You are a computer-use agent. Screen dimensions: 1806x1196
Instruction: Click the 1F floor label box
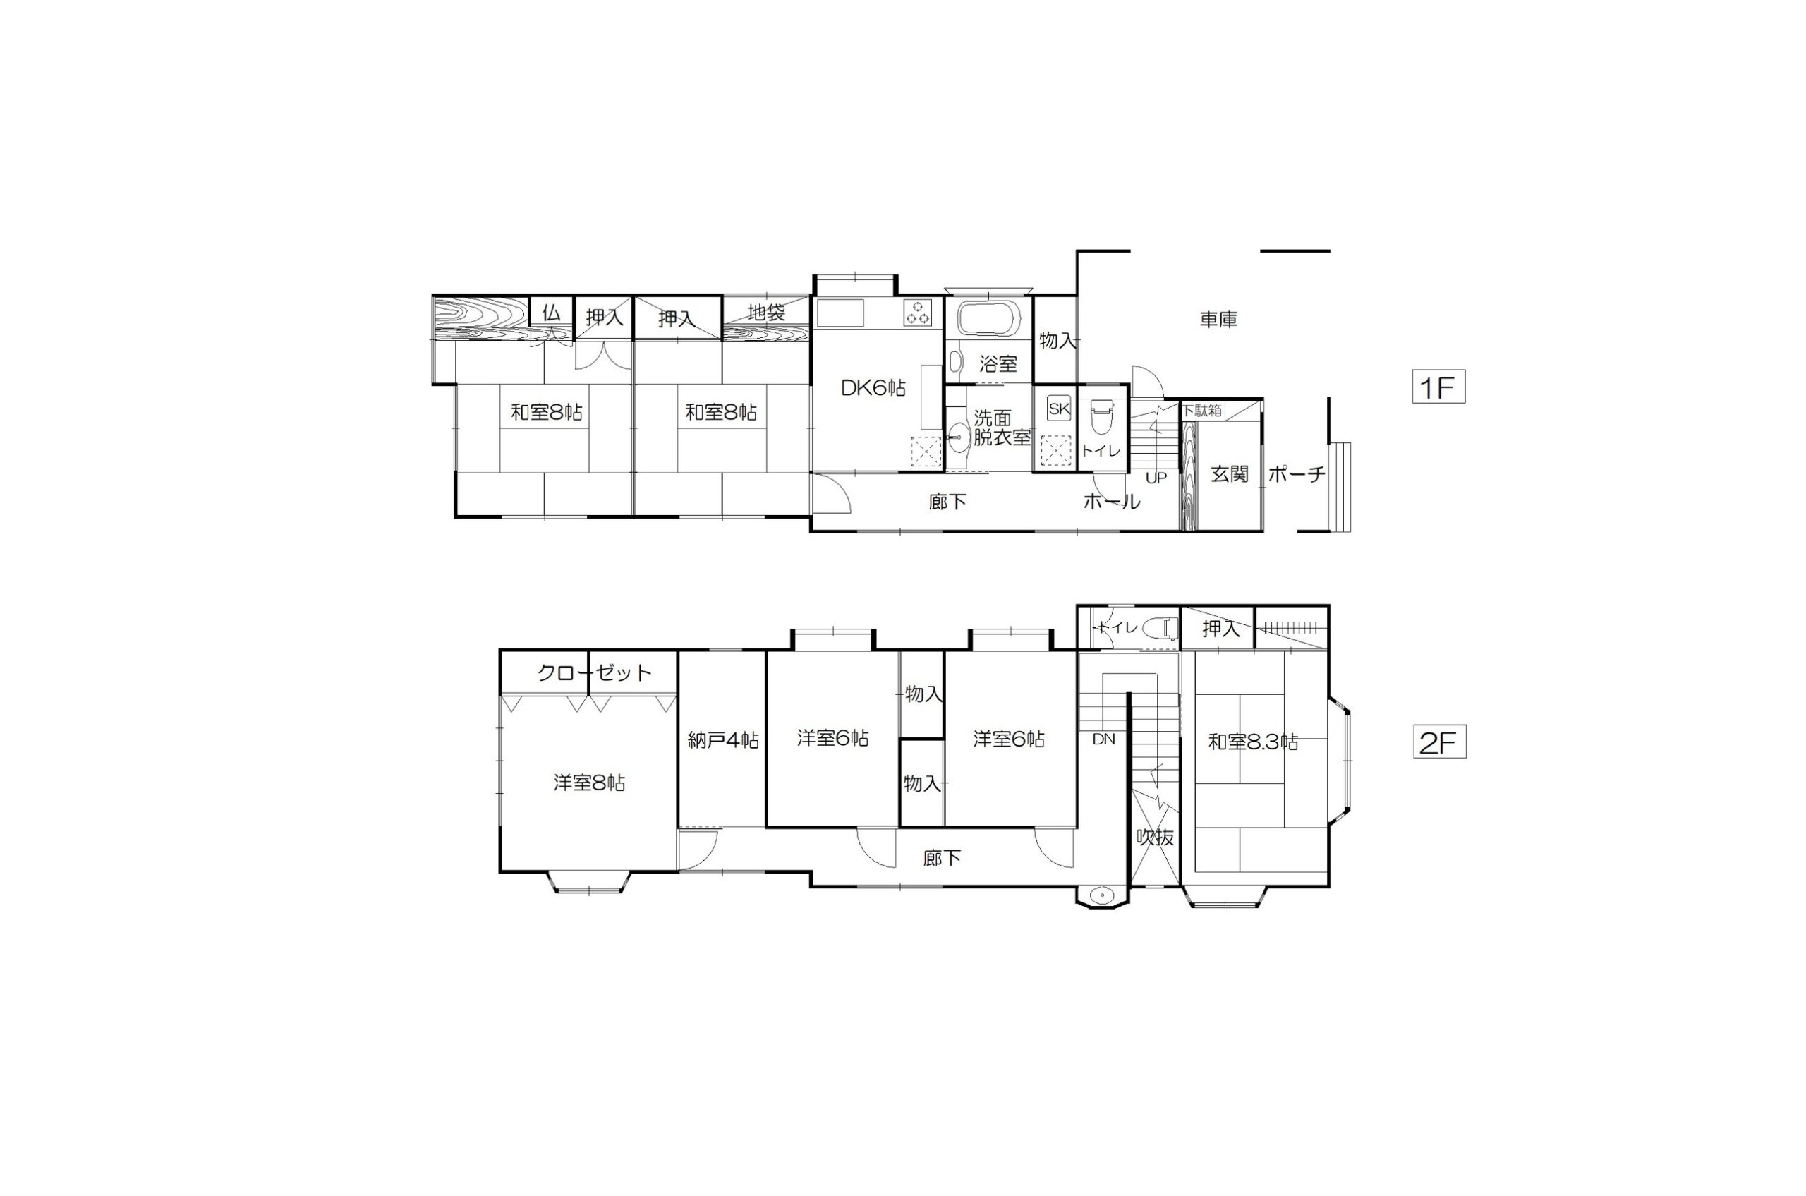1438,387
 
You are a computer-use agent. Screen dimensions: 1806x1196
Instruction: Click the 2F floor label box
1439,742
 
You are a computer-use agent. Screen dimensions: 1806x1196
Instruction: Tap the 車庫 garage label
1218,320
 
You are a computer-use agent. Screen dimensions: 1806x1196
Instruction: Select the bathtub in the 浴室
989,319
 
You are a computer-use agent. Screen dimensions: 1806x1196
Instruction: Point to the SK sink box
1059,408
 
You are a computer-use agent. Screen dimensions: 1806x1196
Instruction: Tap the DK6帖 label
873,388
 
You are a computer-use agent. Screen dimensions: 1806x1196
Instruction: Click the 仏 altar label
552,313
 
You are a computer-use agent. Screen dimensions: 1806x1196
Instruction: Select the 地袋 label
765,313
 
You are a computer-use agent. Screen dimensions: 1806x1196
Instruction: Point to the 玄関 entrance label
1230,473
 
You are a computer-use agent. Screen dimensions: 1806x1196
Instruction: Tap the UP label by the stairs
1156,478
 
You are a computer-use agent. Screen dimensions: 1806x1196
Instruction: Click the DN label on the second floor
1103,739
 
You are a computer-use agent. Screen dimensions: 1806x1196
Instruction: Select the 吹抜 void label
1156,837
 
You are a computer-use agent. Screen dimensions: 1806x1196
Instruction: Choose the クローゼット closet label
595,672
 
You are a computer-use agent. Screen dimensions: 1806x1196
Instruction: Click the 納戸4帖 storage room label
722,740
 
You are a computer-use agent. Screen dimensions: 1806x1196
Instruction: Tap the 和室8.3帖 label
1253,742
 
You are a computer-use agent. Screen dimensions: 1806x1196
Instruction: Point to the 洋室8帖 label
590,783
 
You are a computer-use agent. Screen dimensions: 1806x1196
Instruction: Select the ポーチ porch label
1297,474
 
